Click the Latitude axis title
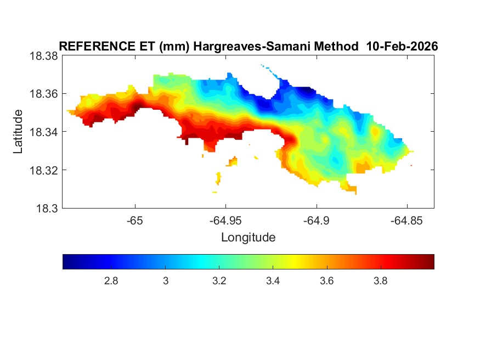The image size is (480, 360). tap(19, 132)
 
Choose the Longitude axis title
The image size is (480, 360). tap(248, 238)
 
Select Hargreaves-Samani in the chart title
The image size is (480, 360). tap(258, 47)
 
